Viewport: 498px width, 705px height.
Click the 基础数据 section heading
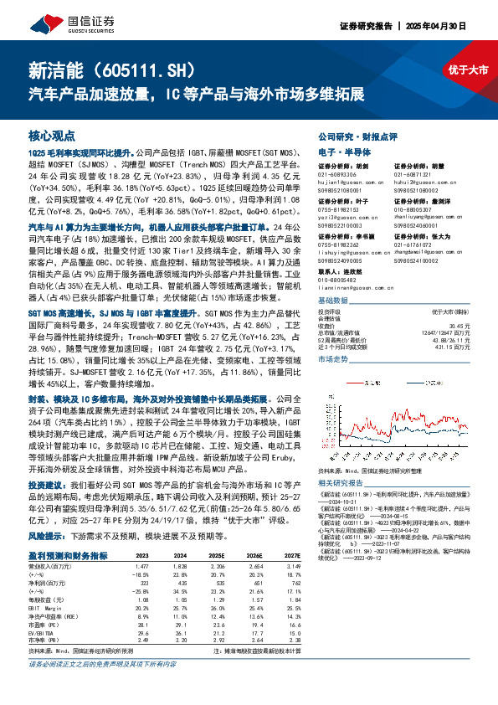coord(336,299)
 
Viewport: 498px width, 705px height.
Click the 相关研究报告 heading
coord(342,483)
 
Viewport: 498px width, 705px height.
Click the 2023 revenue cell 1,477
coord(142,567)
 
